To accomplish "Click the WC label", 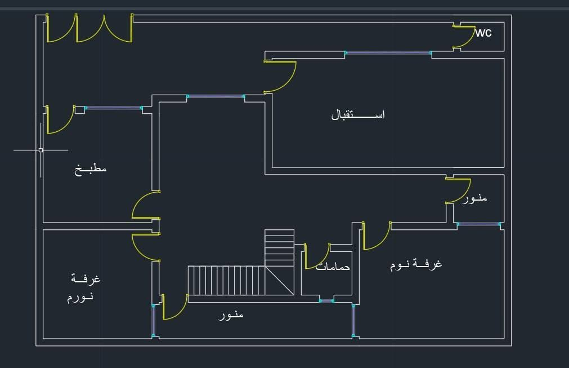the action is [483, 33].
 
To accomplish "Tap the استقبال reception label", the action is [358, 114].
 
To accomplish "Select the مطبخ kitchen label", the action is [91, 169].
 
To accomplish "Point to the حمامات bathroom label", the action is [333, 267].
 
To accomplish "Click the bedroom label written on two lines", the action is [83, 288].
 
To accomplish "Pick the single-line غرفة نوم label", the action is [416, 264].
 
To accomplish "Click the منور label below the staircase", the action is [231, 315].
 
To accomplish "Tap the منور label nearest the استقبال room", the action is [474, 198].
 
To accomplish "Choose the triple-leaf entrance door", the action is [89, 28].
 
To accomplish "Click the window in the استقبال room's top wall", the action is [388, 53].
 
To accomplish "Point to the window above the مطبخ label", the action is [113, 108].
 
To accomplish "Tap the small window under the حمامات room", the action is [326, 301].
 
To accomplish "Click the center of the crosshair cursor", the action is [41, 150].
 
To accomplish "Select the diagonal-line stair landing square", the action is [279, 281].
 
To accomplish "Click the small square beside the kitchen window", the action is [80, 110].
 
